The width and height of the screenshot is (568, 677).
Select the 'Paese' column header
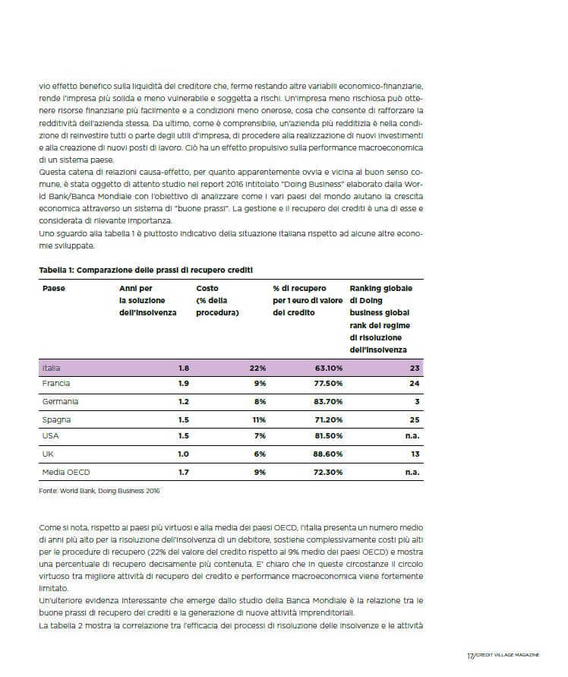(x=53, y=289)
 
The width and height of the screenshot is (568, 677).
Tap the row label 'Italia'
(x=52, y=368)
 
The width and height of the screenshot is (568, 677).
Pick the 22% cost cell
(x=257, y=368)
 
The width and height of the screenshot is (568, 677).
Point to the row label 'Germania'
(x=60, y=401)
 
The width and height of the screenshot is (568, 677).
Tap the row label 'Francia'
(x=56, y=384)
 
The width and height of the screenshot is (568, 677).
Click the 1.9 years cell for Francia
(x=184, y=384)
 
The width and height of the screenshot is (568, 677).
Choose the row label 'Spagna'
(x=56, y=419)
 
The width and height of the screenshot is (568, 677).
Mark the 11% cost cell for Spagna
(x=258, y=419)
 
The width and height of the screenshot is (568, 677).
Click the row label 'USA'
(x=50, y=436)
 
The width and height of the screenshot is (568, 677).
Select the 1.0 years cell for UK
(x=184, y=454)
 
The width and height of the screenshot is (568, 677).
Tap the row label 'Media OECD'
(x=65, y=472)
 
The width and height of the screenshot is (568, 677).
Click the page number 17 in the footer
(x=470, y=655)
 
